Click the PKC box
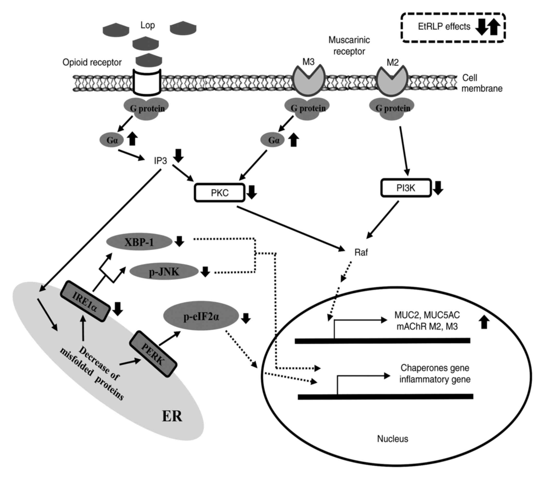click(220, 193)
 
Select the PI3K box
click(406, 188)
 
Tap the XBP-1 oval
click(139, 242)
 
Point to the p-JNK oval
click(164, 272)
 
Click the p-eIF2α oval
click(201, 317)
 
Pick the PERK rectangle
click(153, 354)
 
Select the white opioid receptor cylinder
click(147, 82)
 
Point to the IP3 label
click(160, 161)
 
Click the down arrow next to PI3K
click(438, 188)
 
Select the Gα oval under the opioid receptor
click(112, 140)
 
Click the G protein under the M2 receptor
click(392, 108)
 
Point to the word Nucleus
click(392, 439)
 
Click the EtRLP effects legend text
click(444, 27)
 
